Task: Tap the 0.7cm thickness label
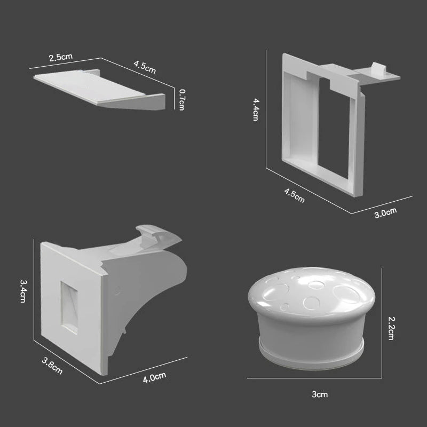click(x=181, y=99)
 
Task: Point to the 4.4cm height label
click(x=256, y=109)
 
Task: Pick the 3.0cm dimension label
click(x=385, y=213)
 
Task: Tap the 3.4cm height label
click(x=23, y=291)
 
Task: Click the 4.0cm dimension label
click(x=154, y=377)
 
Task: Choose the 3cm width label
click(x=320, y=394)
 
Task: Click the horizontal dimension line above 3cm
click(x=315, y=378)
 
